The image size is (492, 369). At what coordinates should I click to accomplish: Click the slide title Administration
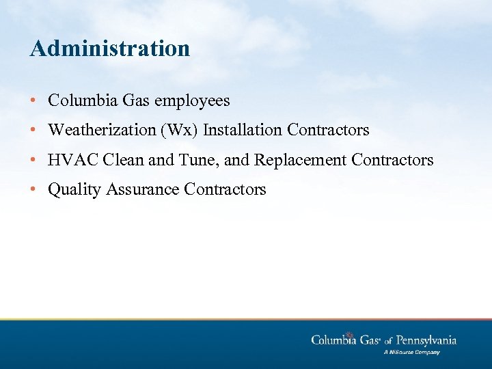[x=110, y=49]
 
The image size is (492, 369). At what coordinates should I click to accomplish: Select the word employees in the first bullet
[x=192, y=101]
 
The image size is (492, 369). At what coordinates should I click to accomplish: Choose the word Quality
[x=74, y=190]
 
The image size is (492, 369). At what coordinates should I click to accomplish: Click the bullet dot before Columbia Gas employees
[x=34, y=101]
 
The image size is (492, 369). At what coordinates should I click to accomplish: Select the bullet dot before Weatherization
[x=34, y=130]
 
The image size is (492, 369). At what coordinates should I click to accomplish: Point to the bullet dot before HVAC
[x=34, y=160]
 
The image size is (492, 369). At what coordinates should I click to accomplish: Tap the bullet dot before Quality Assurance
[x=34, y=190]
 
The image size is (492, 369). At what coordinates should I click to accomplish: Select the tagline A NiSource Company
[x=411, y=353]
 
